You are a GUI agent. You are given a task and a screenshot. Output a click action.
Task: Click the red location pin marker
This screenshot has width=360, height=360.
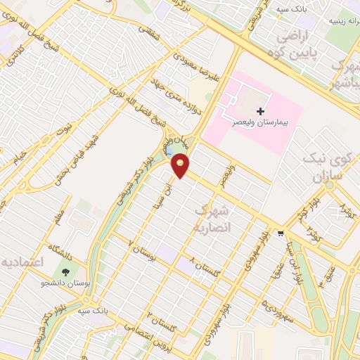(x=181, y=165)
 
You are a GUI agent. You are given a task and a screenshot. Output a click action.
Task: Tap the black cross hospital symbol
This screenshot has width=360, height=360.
(x=261, y=111)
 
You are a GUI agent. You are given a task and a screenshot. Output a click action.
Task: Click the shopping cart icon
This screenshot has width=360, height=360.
(x=281, y=233)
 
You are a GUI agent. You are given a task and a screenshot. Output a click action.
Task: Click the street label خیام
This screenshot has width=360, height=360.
(x=22, y=155)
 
